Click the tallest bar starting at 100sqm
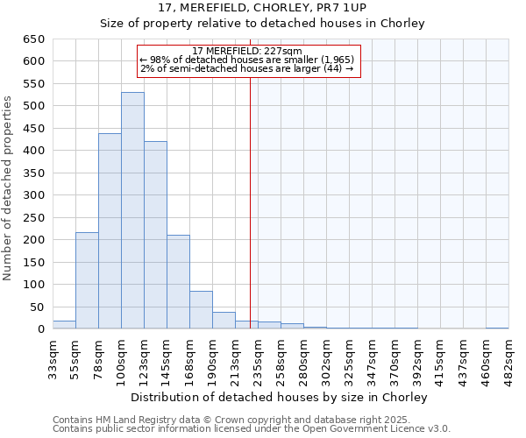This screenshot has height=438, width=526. pos(132,210)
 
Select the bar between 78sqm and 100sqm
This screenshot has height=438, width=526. pos(110,231)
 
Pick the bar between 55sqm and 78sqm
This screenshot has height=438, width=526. pos(87,280)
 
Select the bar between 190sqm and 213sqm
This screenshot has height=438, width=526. pos(224,321)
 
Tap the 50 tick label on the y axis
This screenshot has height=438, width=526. pos(38,307)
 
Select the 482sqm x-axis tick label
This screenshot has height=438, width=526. pos(508,359)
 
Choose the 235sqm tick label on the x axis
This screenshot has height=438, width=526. pos(258,359)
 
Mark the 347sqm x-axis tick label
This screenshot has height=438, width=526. pos(372,359)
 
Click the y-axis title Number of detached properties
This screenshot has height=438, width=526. pos(8,184)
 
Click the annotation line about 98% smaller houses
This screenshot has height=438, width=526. pos(246,60)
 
